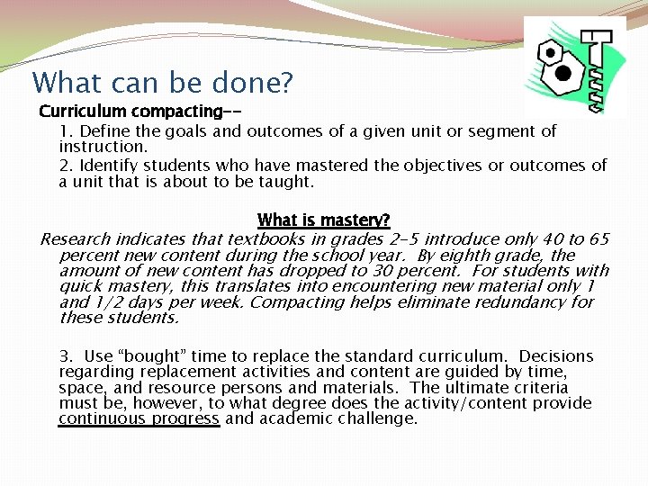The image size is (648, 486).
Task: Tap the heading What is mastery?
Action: pos(323,220)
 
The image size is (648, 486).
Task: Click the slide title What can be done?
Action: pos(162,83)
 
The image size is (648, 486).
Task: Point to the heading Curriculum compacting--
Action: pos(139,112)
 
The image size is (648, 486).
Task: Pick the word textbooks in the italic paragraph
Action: pos(265,239)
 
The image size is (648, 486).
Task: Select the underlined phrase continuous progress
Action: pos(139,418)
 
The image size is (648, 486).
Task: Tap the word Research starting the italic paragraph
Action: pos(76,239)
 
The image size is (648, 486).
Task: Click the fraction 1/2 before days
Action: pos(105,302)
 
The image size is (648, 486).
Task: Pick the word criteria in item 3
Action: pos(539,388)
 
